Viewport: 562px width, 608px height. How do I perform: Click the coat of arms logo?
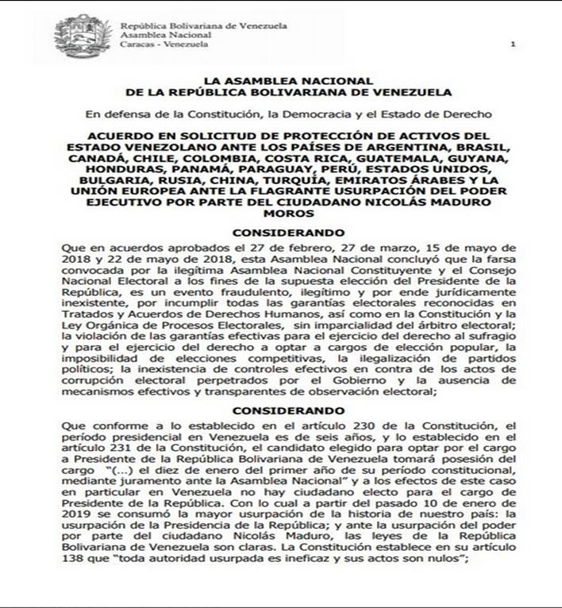click(83, 35)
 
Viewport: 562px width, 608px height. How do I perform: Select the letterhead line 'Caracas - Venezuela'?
click(164, 44)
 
